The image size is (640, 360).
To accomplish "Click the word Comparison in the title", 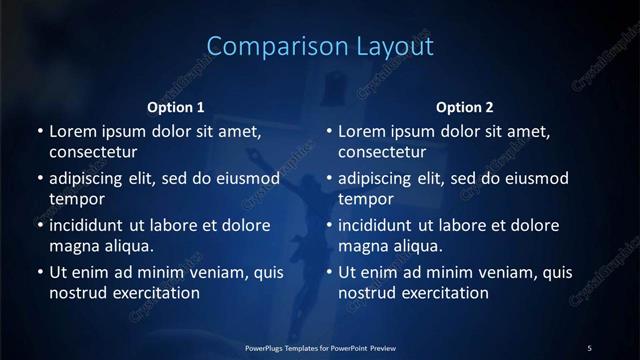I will [264, 46].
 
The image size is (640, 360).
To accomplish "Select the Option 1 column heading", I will [176, 107].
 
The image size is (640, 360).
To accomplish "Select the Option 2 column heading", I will [465, 107].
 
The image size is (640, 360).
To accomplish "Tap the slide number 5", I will [589, 347].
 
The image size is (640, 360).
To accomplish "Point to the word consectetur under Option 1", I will [93, 152].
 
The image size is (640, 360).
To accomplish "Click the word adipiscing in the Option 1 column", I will [91, 179].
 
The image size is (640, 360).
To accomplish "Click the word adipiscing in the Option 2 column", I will [381, 179].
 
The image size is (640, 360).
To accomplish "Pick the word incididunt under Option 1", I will [93, 225].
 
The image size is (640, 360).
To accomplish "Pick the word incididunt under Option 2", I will [383, 225].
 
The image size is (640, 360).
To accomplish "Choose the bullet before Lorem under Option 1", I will [40, 131].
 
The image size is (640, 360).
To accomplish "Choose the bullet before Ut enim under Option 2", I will [330, 272].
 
